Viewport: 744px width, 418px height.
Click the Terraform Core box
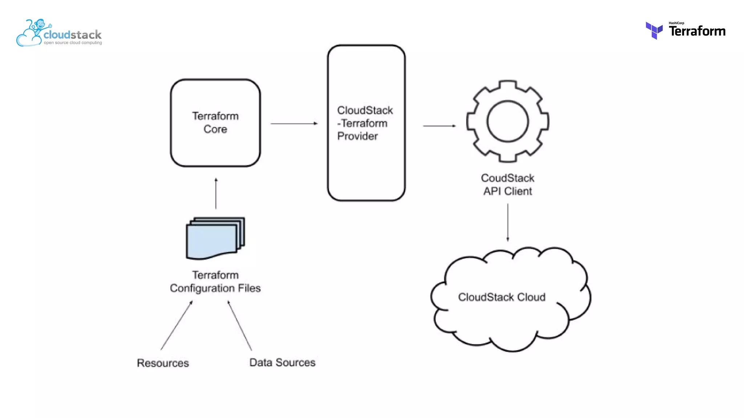coord(215,123)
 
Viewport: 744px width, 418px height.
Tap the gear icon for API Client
coord(508,121)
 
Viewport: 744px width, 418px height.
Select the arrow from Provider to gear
coord(439,126)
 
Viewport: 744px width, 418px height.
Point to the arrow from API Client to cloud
coord(508,222)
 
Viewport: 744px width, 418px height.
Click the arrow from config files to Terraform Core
coord(216,194)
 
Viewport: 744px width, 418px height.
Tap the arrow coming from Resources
coord(176,325)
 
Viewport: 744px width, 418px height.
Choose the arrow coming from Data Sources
coord(240,325)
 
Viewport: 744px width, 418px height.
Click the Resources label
coord(163,363)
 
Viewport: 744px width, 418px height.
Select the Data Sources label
coord(282,362)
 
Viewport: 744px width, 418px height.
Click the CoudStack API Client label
coord(508,184)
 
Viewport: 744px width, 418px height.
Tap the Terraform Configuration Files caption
coord(215,282)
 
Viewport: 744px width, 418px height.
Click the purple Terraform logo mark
coord(654,30)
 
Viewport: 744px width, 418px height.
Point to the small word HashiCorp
coord(676,23)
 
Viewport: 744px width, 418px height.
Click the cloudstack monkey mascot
coord(39,27)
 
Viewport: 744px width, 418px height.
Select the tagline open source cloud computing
coord(73,43)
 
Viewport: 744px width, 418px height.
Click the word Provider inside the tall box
coord(357,136)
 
